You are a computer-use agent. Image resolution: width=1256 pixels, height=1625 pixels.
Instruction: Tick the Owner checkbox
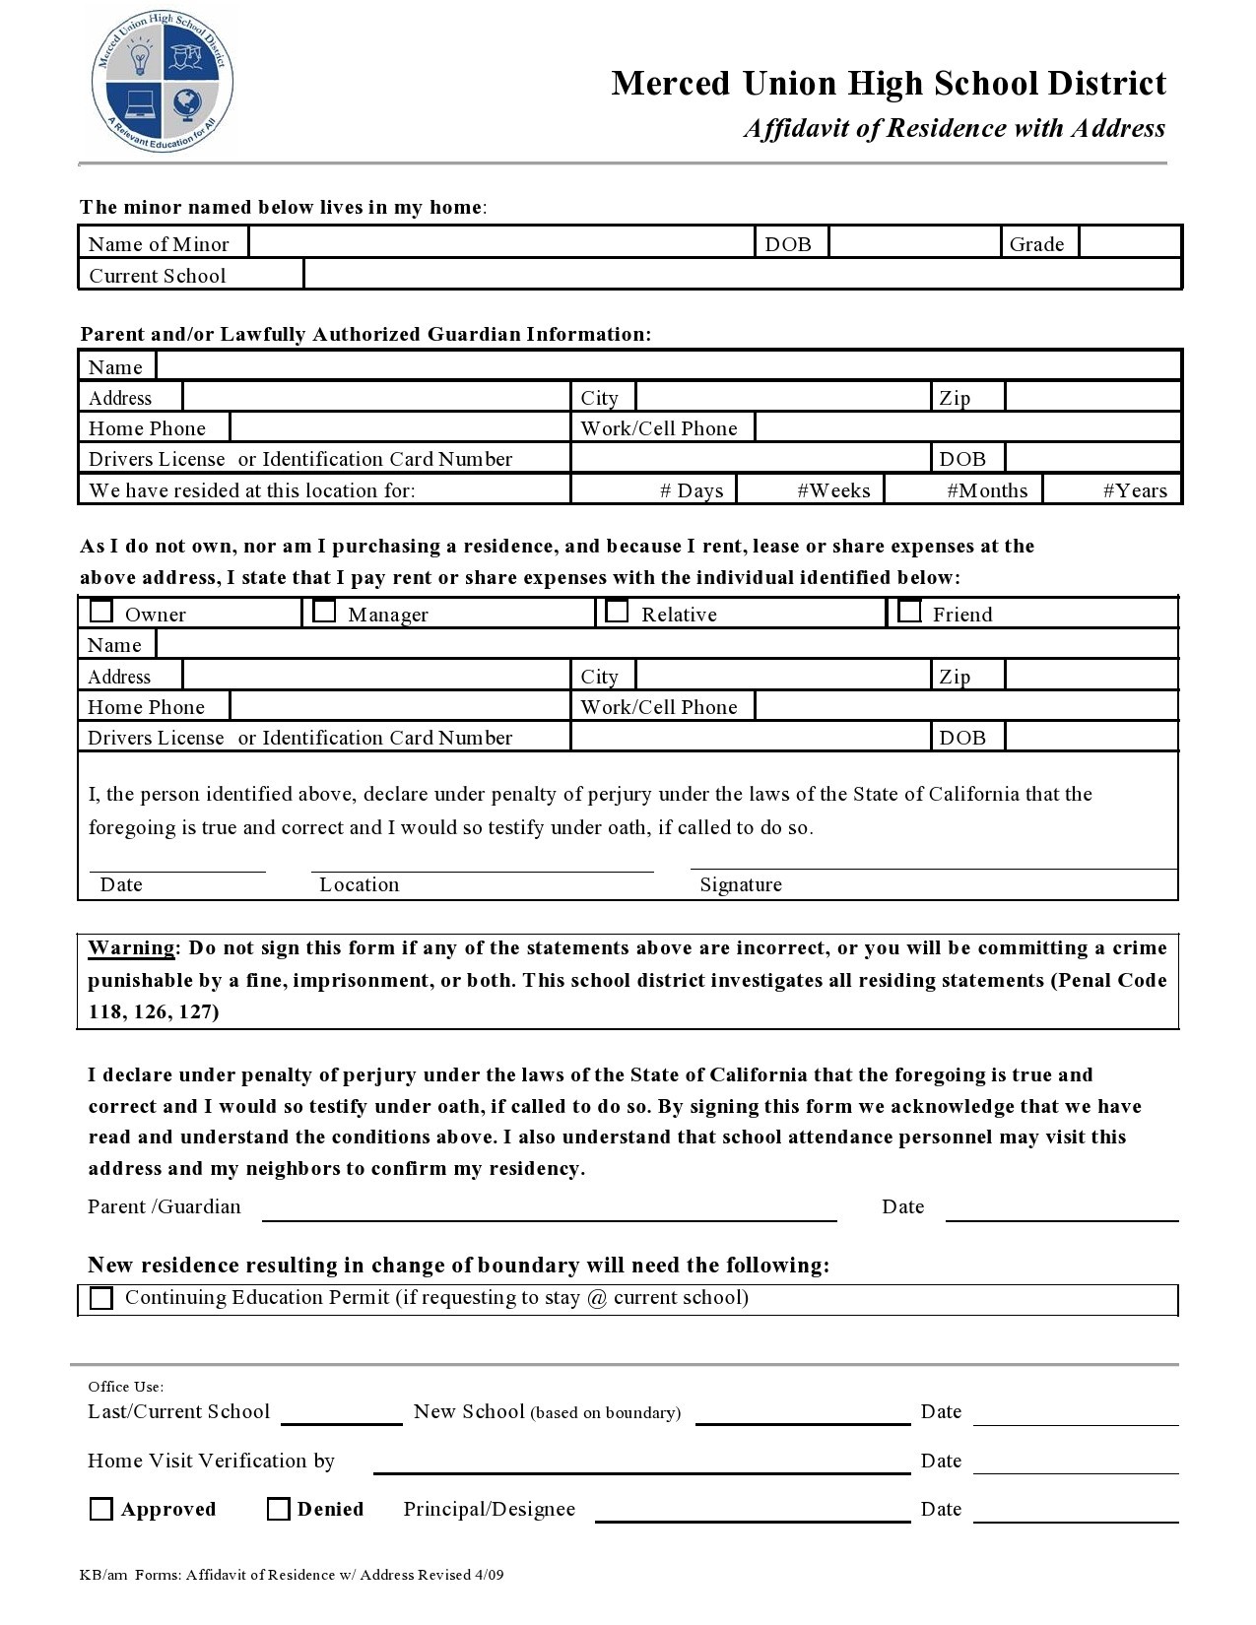tap(101, 612)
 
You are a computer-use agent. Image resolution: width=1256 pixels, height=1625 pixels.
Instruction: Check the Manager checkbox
tap(324, 612)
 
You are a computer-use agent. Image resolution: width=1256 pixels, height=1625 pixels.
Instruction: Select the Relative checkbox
tap(617, 612)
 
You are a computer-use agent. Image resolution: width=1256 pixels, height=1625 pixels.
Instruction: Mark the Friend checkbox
tap(909, 612)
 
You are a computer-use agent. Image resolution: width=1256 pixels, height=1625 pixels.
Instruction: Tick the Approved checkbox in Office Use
tap(101, 1509)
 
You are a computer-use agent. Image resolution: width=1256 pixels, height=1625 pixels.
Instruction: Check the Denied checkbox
tap(279, 1509)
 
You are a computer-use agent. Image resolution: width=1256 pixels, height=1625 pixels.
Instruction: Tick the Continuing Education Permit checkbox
tap(101, 1298)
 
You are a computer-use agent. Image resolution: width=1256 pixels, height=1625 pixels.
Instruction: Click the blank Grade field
tap(1129, 242)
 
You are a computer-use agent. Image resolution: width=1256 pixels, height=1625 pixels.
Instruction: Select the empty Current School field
tap(742, 274)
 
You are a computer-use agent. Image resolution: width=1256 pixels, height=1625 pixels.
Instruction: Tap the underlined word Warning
tap(131, 948)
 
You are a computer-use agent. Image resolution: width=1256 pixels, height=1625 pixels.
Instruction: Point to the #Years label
tap(1135, 490)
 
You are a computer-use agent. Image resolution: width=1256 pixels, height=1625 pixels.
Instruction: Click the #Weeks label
tap(833, 490)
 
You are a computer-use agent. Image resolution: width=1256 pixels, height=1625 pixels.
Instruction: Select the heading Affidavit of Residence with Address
tap(954, 129)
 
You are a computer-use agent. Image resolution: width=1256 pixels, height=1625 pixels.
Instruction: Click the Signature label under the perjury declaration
tap(741, 884)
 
